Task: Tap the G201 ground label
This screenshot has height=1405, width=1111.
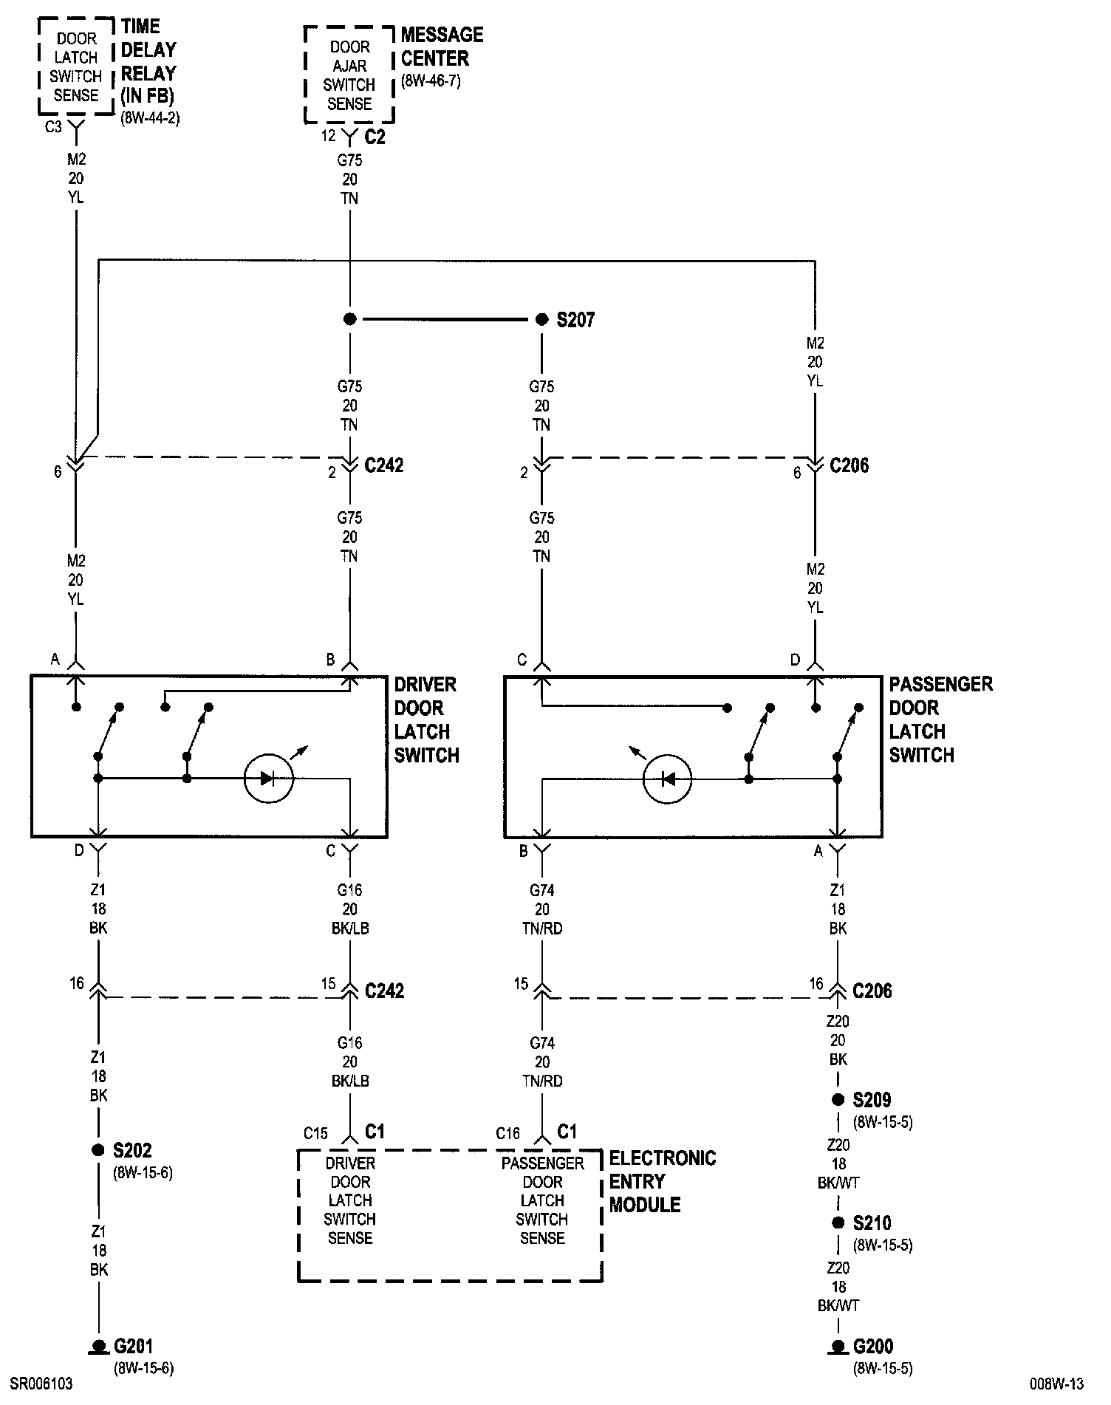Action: coord(133,1346)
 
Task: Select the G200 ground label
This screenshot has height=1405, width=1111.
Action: coord(872,1346)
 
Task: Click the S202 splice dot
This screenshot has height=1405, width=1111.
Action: coord(98,1150)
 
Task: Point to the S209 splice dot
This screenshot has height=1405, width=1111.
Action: coord(838,1100)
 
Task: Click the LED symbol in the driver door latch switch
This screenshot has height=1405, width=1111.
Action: coord(269,778)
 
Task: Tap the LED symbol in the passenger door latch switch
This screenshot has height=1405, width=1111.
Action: coord(668,778)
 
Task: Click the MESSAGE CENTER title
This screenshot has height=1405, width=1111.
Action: coord(442,47)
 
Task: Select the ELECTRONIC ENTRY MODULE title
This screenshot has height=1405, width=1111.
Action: coord(662,1181)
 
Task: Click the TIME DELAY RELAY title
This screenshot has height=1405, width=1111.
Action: coord(148,61)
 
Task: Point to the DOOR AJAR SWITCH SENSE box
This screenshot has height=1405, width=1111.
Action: coord(349,75)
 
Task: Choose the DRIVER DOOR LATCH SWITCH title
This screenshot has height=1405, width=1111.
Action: coord(426,719)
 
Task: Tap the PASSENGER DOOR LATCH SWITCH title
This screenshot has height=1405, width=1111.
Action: coord(940,719)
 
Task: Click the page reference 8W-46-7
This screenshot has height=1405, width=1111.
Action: coord(431,81)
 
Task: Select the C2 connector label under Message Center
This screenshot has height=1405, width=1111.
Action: coord(375,137)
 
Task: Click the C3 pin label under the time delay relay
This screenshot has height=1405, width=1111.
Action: coord(53,127)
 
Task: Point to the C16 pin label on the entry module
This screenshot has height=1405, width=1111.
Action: coord(507,1133)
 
